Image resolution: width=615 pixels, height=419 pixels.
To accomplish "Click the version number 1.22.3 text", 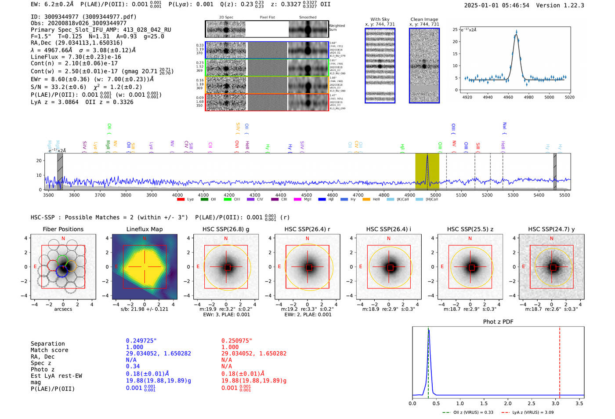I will pyautogui.click(x=571, y=6).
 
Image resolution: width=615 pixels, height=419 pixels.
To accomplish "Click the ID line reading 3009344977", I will pyautogui.click(x=83, y=17).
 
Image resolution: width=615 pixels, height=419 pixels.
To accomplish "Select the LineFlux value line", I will pyautogui.click(x=76, y=57).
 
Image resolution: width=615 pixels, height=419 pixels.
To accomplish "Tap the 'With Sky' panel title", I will pyautogui.click(x=380, y=19).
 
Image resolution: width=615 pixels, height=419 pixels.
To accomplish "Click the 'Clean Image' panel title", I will pyautogui.click(x=424, y=19).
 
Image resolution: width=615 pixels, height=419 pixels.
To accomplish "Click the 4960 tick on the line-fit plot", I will pyautogui.click(x=508, y=97).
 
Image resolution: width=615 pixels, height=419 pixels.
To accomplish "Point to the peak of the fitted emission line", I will pyautogui.click(x=516, y=32).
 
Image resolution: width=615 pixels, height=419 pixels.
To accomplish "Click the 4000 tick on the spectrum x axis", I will pyautogui.click(x=177, y=195).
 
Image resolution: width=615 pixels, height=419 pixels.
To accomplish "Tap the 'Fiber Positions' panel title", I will pyautogui.click(x=63, y=229).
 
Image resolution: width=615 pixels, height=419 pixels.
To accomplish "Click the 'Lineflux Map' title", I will pyautogui.click(x=145, y=229).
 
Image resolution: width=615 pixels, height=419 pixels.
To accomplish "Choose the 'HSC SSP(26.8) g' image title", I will pyautogui.click(x=226, y=229).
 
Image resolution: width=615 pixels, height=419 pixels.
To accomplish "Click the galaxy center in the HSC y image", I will pyautogui.click(x=552, y=267).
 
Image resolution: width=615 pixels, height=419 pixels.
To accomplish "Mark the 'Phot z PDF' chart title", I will pyautogui.click(x=498, y=322).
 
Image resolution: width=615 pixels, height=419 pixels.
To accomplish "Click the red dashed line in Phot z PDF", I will pyautogui.click(x=560, y=361).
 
